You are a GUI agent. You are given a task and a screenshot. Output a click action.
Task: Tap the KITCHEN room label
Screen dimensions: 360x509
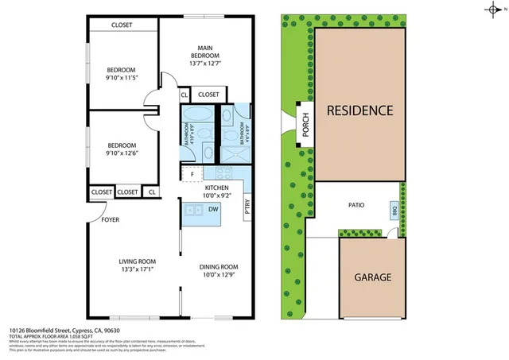coord(217,188)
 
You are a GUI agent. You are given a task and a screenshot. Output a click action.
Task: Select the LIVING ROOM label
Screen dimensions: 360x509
coord(137,261)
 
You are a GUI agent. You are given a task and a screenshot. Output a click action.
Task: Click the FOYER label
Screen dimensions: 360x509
coord(110,220)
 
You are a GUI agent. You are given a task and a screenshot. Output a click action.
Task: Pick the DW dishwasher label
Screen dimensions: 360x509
coord(213,209)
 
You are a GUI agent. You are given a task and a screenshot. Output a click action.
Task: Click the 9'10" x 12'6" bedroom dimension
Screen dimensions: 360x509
coord(122,154)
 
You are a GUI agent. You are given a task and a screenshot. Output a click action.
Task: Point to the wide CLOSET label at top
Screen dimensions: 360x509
coord(122,25)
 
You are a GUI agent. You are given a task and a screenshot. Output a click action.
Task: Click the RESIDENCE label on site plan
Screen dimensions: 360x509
coord(359,110)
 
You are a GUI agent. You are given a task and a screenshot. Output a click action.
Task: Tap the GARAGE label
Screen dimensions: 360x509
coord(372,277)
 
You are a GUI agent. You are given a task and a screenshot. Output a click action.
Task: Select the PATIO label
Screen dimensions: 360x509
coord(356,204)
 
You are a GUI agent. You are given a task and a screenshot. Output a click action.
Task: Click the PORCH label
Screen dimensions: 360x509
coord(305,124)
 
